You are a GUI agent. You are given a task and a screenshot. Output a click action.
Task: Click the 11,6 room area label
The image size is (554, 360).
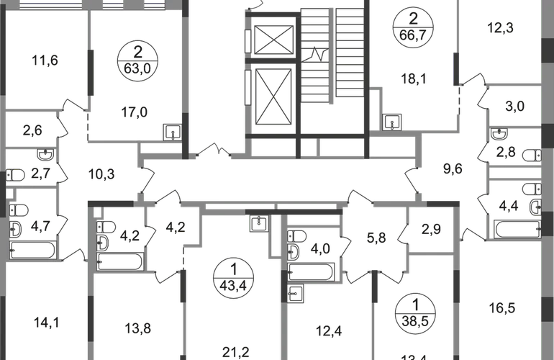point(45,61)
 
